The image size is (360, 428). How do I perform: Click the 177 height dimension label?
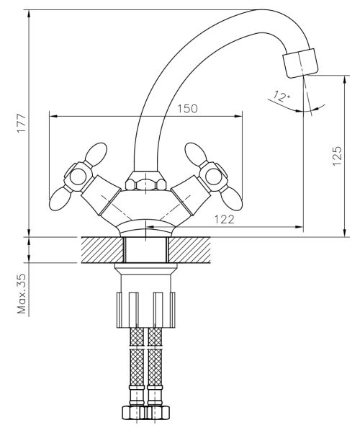pos(22,123)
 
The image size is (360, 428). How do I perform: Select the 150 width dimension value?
pos(187,109)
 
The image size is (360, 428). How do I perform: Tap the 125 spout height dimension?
pos(337,156)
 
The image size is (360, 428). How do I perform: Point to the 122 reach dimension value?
pos(224,219)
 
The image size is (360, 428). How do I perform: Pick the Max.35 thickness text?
pos(22,293)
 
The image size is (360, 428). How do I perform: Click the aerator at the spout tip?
pos(300,63)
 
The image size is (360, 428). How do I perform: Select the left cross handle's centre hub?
pos(78,177)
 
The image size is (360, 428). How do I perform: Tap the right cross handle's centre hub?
pos(213,177)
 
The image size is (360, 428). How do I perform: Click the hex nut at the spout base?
pos(146,182)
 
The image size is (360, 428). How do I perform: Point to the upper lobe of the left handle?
pos(96,153)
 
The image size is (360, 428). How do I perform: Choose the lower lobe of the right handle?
pos(231,199)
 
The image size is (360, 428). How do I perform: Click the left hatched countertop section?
pos(102,250)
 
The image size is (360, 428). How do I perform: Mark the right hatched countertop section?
pos(189,250)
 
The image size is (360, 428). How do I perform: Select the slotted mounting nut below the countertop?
pos(145,310)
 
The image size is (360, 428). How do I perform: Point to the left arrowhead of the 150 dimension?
pos(53,117)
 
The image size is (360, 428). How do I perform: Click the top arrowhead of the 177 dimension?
pos(30,14)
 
